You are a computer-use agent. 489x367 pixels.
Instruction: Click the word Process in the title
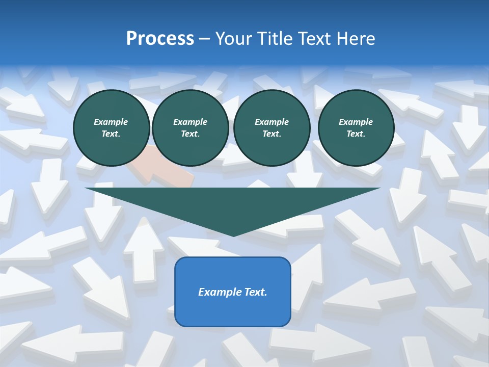160,39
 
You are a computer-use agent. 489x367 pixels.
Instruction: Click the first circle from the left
111,127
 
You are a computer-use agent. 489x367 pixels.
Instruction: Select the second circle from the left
190,127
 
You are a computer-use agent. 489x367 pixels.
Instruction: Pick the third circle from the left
271,127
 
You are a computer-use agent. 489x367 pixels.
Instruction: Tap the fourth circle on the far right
356,127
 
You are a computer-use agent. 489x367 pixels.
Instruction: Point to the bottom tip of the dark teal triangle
233,235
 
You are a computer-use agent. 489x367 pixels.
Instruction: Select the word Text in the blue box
255,292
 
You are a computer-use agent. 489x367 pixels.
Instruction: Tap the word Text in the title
315,39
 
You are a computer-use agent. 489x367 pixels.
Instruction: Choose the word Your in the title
234,39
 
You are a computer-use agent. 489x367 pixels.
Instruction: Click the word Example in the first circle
111,122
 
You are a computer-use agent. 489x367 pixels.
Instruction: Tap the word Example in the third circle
271,122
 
